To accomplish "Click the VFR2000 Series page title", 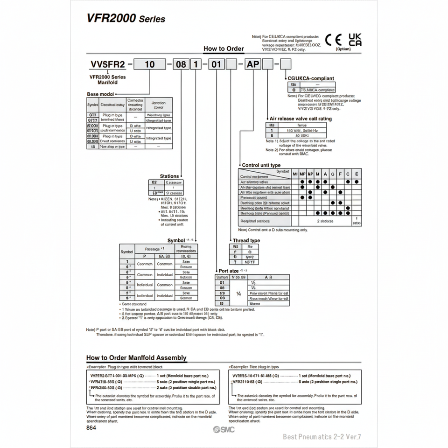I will tap(126, 18).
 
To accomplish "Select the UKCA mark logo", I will tap(355, 40).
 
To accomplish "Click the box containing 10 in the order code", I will tap(150, 64).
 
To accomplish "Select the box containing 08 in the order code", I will tap(181, 64).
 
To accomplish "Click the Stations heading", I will tap(169, 176).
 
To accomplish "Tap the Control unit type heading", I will tap(261, 165).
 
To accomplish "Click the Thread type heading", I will tap(246, 240).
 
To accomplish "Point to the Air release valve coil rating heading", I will tap(301, 119).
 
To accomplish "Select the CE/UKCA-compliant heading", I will tap(311, 78).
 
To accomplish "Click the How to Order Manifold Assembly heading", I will tap(136, 358).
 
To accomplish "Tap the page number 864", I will tap(91, 428).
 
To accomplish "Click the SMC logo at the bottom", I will tap(224, 430).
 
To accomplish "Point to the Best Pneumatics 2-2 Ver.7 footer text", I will tap(322, 437).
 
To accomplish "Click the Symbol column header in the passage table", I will tap(127, 252).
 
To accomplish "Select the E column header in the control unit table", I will tap(357, 174).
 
